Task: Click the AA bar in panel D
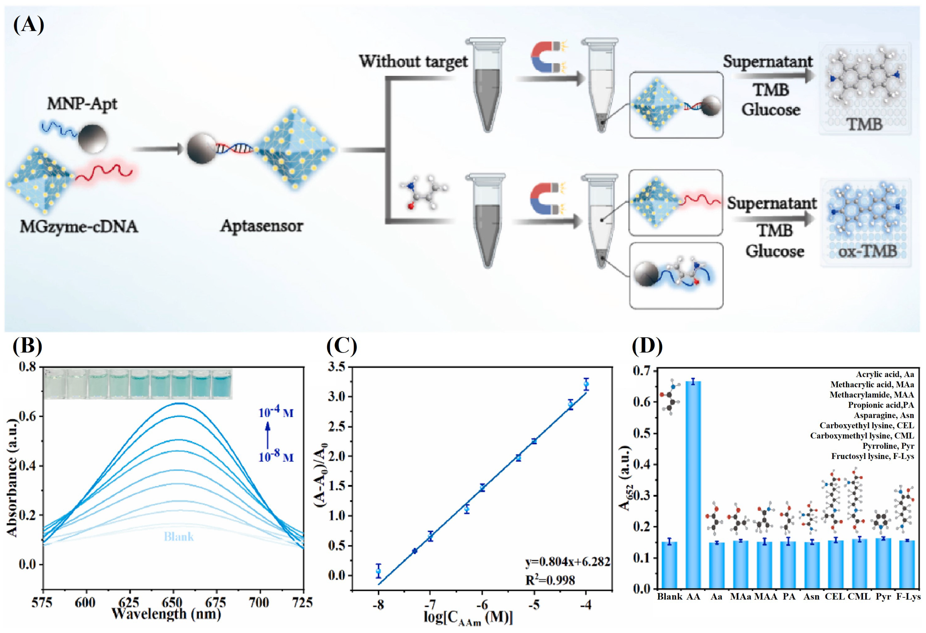coord(693,484)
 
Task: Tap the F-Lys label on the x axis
coord(908,596)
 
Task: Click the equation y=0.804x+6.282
coord(567,562)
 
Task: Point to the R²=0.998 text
coord(550,580)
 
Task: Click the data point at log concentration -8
coord(378,571)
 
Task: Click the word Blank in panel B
coord(179,537)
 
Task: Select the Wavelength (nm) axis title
coord(166,614)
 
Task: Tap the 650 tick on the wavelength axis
coord(173,602)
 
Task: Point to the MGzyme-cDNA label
coord(79,227)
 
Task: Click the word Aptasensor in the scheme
coord(262,226)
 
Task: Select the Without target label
coord(413,62)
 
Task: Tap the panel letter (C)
coord(341,346)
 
